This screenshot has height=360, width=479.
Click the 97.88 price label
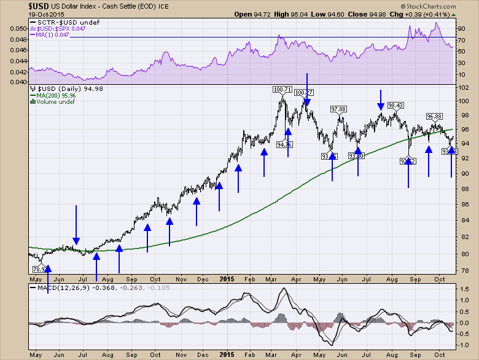point(338,109)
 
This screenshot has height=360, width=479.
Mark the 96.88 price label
point(435,116)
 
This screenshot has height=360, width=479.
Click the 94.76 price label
point(284,145)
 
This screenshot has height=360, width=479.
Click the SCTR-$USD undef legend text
point(57,22)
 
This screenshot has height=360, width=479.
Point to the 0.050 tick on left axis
point(19,28)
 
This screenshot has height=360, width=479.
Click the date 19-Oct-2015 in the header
point(20,14)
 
